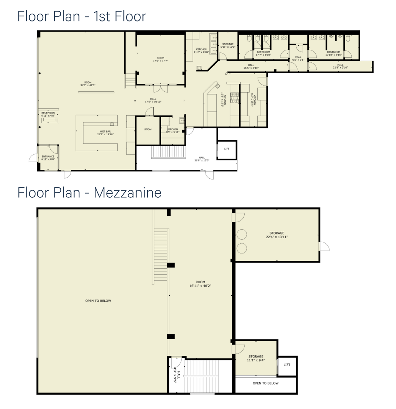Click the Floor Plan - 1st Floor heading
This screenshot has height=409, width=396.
coord(81,16)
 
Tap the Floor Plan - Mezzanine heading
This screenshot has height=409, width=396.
coord(89,193)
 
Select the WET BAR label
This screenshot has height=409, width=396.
coord(105,133)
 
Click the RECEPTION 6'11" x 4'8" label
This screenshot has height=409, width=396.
coord(48,114)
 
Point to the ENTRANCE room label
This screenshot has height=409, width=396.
coord(48,158)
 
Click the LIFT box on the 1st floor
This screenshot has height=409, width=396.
coord(227,149)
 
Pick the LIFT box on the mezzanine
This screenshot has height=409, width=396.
coord(287,365)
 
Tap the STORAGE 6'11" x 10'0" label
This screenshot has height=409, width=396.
coord(228,45)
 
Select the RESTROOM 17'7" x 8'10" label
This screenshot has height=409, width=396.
coord(263,53)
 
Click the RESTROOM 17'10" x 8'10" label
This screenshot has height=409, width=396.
coord(333,53)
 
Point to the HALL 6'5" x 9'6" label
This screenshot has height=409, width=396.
coord(298,58)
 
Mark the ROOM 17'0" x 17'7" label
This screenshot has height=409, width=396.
coord(161,59)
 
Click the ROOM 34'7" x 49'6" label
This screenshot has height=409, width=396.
coord(88,84)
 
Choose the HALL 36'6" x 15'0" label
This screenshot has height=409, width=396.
coord(202,159)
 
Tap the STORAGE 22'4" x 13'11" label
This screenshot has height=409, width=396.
coord(277,235)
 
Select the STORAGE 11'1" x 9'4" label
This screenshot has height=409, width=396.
coord(256,358)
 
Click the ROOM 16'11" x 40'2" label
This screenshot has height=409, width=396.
coord(200,284)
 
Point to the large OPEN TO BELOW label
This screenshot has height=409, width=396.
coord(98,301)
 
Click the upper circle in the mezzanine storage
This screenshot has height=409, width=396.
coord(241,235)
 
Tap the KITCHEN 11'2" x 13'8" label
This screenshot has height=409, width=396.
coord(201,51)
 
